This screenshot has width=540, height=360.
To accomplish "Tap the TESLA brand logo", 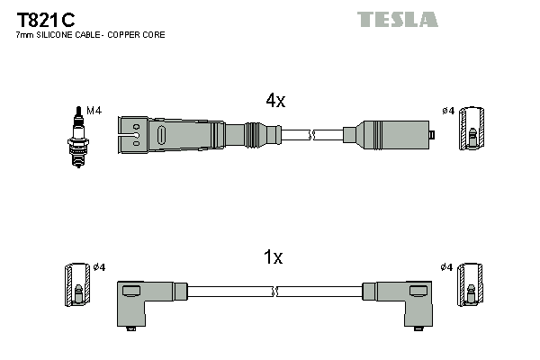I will pyautogui.click(x=397, y=19).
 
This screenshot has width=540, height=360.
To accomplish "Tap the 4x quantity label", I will pyautogui.click(x=274, y=102).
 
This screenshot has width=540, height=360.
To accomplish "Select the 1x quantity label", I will pyautogui.click(x=273, y=258).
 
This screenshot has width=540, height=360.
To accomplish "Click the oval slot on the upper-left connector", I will pyautogui.click(x=162, y=135).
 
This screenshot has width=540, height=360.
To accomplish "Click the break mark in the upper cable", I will pyautogui.click(x=311, y=135).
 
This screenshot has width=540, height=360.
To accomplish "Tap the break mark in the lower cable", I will pyautogui.click(x=275, y=292).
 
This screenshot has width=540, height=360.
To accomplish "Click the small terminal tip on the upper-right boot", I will pyautogui.click(x=432, y=135).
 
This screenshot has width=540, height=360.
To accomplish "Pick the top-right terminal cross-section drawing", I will pyautogui.click(x=471, y=131).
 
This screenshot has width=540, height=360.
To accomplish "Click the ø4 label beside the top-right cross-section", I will pyautogui.click(x=447, y=111).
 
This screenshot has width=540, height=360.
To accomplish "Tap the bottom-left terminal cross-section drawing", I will pyautogui.click(x=76, y=286).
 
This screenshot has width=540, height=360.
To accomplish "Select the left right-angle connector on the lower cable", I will pyautogui.click(x=144, y=301).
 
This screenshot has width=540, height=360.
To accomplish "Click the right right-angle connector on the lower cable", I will pyautogui.click(x=400, y=301).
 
